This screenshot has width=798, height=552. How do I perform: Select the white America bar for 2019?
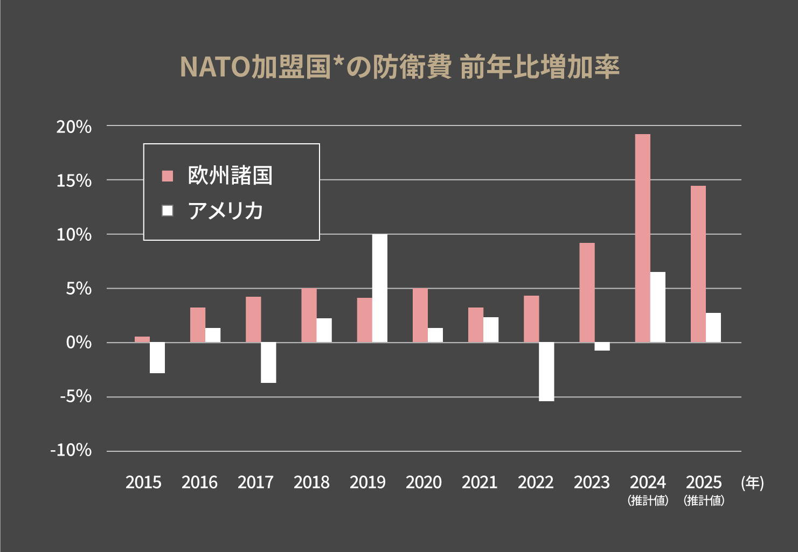click(379, 288)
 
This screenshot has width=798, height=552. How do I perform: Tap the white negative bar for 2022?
click(546, 372)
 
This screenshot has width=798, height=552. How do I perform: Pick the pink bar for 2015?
click(142, 339)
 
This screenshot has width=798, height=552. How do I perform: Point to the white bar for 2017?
click(268, 362)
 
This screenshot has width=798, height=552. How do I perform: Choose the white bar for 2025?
click(713, 327)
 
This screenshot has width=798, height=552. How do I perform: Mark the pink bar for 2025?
click(698, 264)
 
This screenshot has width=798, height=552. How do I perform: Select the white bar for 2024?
click(658, 307)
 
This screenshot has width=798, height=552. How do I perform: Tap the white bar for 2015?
click(157, 358)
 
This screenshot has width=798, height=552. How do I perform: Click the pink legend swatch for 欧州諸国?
click(168, 176)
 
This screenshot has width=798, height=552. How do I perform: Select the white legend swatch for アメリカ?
click(168, 211)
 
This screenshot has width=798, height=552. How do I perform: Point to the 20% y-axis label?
click(74, 127)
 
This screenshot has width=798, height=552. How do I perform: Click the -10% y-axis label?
click(71, 450)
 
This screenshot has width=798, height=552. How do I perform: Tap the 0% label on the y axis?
click(79, 343)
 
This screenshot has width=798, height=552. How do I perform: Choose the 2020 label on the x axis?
click(424, 482)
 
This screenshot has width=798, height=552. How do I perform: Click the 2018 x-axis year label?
click(311, 482)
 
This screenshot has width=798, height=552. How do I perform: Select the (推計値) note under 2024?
click(648, 500)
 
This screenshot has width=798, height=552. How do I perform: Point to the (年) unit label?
click(752, 482)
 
